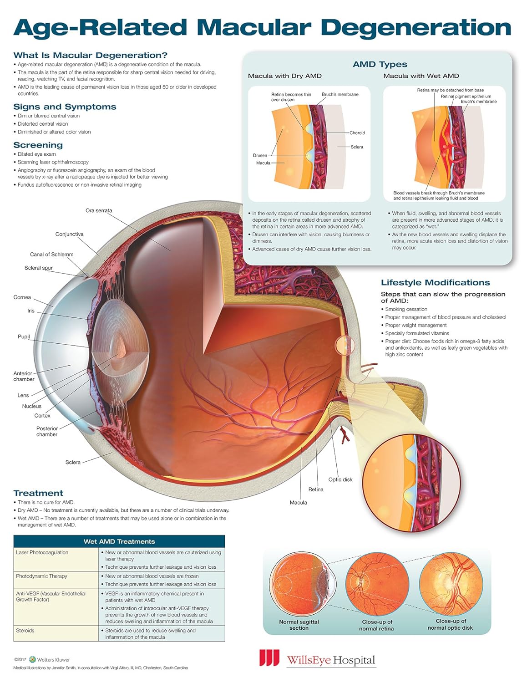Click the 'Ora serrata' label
pyautogui.click(x=99, y=210)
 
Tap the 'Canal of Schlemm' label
pyautogui.click(x=52, y=254)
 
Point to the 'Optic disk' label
pyautogui.click(x=340, y=479)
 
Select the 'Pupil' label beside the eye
pyautogui.click(x=24, y=336)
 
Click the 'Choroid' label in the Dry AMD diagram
pyautogui.click(x=357, y=133)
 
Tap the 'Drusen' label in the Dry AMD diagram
pyautogui.click(x=260, y=155)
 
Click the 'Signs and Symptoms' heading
pyautogui.click(x=65, y=107)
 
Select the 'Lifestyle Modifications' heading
pyautogui.click(x=435, y=283)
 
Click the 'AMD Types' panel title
pyautogui.click(x=380, y=65)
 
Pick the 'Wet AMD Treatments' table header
pyautogui.click(x=119, y=541)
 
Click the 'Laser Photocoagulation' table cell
pyautogui.click(x=42, y=552)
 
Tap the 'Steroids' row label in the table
pyautogui.click(x=25, y=630)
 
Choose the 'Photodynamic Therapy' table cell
pyautogui.click(x=42, y=576)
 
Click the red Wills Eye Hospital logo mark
pyautogui.click(x=269, y=658)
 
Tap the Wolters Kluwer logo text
pyautogui.click(x=53, y=659)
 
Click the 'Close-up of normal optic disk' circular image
pyautogui.click(x=451, y=587)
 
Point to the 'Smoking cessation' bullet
pyautogui.click(x=406, y=309)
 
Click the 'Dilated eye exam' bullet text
pyautogui.click(x=37, y=154)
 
